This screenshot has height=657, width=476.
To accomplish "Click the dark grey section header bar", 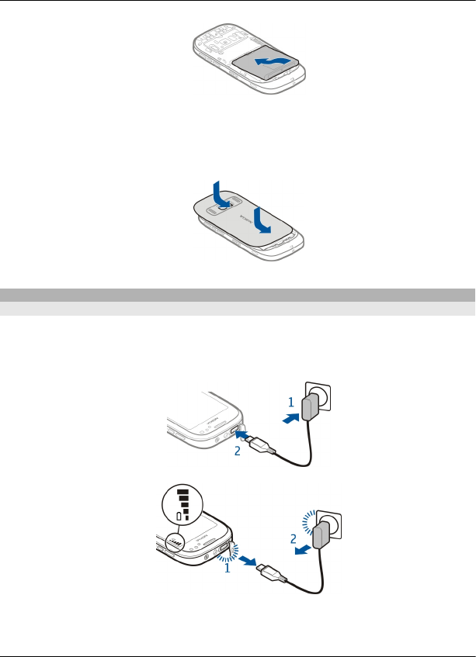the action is coord(238,295).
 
